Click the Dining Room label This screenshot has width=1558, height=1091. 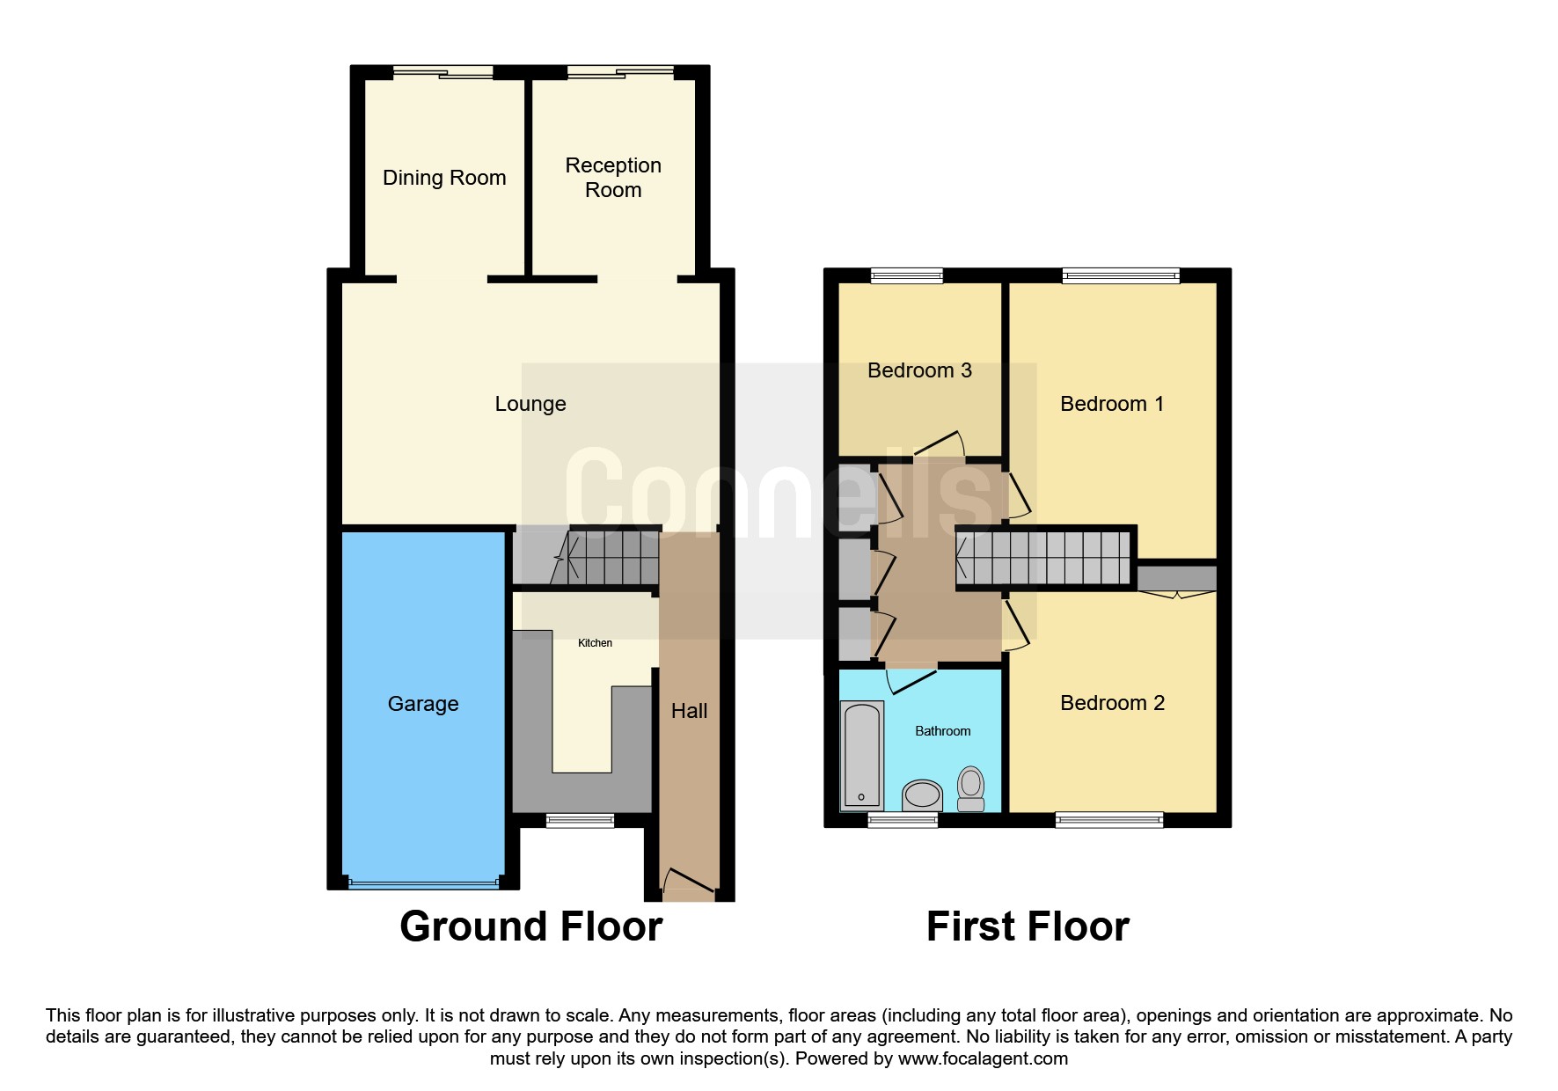click(444, 178)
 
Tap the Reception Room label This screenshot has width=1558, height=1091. click(613, 178)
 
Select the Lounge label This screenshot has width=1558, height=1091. click(530, 404)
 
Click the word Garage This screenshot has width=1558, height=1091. click(423, 704)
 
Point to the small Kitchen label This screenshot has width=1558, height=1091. click(595, 643)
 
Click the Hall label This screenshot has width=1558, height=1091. click(689, 711)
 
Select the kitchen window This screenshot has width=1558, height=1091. click(580, 821)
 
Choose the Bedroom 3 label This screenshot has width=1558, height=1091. click(919, 370)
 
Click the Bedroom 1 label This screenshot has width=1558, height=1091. click(1112, 404)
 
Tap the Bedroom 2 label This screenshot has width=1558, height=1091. click(1112, 703)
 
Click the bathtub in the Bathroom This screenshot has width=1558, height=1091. click(861, 754)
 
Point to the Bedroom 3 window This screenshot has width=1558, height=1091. click(906, 276)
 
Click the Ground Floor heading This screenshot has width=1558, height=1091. click(530, 926)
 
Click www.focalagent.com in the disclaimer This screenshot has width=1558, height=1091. click(983, 1058)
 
